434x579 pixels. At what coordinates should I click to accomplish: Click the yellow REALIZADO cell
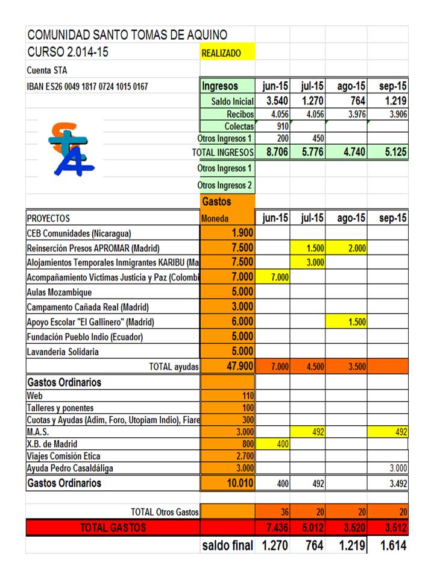pyautogui.click(x=227, y=53)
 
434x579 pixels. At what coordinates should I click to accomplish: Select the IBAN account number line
pyautogui.click(x=87, y=86)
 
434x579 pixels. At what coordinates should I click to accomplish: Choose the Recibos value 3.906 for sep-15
pyautogui.click(x=395, y=114)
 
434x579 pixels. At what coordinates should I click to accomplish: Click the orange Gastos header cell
pyautogui.click(x=227, y=201)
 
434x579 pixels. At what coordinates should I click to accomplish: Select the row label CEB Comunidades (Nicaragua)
pyautogui.click(x=79, y=233)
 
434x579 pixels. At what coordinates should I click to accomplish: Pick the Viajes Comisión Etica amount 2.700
pyautogui.click(x=244, y=456)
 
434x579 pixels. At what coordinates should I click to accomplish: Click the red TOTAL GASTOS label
pyautogui.click(x=113, y=528)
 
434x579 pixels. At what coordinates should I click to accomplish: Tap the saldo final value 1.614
pyautogui.click(x=392, y=546)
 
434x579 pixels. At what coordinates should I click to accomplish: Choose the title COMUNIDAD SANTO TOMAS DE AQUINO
pyautogui.click(x=127, y=34)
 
